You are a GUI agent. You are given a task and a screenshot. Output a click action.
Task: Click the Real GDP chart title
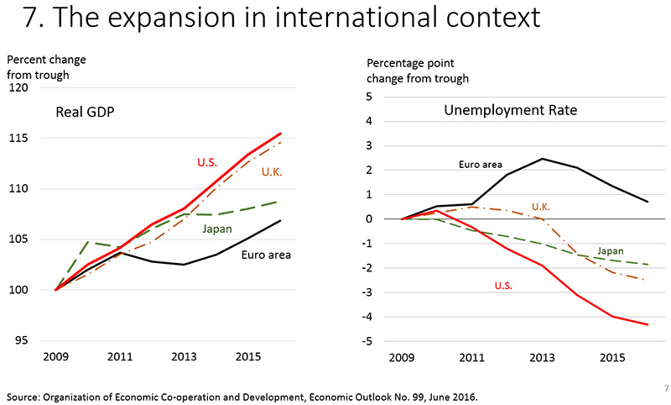point(86,113)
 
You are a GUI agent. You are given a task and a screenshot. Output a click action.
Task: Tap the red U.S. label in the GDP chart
point(208,161)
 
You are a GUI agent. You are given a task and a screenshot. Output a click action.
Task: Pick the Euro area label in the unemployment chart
point(480,165)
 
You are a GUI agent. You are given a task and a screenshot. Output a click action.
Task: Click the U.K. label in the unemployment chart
point(541,207)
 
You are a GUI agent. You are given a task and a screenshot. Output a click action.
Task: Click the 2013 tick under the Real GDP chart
point(185,356)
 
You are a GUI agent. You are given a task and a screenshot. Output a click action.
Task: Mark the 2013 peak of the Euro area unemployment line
point(543,159)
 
